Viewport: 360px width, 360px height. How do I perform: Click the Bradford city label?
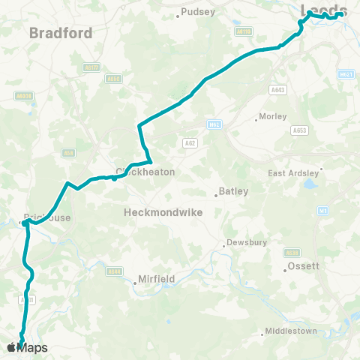point(61,33)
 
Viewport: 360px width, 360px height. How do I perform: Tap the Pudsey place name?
point(198,12)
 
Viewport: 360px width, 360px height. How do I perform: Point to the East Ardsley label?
point(293,173)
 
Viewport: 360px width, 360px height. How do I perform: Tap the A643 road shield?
point(277,89)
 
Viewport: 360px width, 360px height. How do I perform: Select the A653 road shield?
point(299,130)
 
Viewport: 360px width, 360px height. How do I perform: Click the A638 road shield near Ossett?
point(292,252)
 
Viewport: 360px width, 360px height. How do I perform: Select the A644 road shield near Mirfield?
point(114,271)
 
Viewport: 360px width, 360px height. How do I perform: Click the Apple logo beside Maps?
point(12,347)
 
